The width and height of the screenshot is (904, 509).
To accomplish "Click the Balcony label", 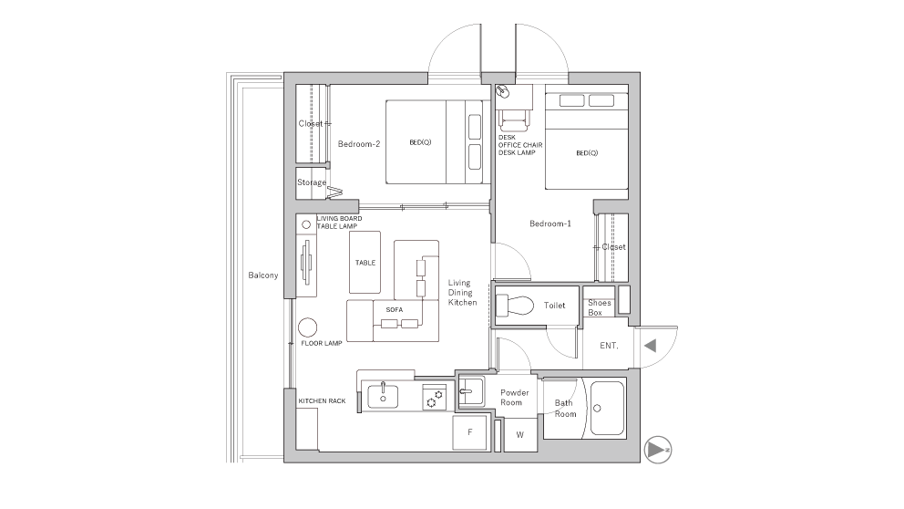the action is point(262,275).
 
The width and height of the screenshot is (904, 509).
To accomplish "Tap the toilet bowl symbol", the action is point(515,306).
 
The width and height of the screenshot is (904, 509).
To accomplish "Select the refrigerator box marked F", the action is point(470,432).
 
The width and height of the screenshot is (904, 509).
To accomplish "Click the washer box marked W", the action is point(520,435).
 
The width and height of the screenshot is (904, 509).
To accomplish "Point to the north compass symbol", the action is point(657,449).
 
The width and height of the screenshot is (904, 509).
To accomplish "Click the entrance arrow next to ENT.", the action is point(651,346).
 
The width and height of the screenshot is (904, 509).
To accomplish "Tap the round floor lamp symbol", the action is point(308,327).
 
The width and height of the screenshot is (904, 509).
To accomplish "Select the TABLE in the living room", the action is point(365,262).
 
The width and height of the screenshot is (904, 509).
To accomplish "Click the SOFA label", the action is point(395,310).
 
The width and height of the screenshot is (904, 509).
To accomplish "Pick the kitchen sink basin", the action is point(383,395).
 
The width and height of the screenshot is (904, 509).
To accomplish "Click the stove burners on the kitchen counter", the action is point(434,397).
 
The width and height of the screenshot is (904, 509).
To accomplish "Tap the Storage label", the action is point(312,182).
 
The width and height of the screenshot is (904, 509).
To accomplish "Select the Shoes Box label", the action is point(599,307).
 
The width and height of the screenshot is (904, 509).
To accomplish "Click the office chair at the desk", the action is point(514,120).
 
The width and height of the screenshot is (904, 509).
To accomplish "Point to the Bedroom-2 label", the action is point(359,144).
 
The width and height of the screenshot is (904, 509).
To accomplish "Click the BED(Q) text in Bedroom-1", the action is point(587,153).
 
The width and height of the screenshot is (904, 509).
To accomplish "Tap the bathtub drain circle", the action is point(597,408).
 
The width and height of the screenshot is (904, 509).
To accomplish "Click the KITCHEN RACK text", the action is point(322,400).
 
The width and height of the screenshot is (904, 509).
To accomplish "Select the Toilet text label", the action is point(555,306).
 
